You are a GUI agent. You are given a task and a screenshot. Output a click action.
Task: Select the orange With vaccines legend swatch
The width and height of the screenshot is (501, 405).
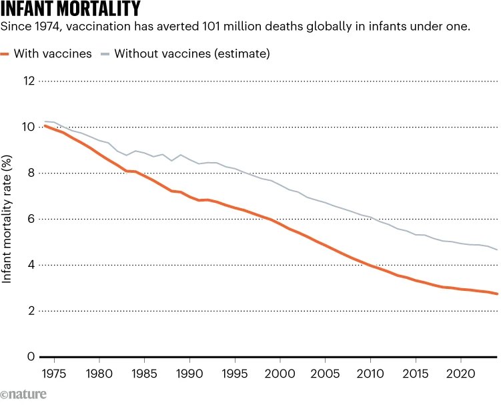coord(6,53)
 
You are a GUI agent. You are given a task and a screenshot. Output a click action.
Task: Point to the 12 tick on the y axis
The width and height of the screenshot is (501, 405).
coord(28,81)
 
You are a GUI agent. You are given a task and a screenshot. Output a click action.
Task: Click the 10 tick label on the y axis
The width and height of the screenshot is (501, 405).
coord(28,127)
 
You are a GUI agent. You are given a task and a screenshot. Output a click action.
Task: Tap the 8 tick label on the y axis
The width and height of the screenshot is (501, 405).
coord(31,173)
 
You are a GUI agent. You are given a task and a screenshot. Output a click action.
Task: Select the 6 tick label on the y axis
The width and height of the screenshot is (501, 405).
coord(31,219)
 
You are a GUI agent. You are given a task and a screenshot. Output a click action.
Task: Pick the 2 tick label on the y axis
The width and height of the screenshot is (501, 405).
coord(31,311)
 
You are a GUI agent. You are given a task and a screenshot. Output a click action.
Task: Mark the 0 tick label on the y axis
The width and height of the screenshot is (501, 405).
coord(31,357)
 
